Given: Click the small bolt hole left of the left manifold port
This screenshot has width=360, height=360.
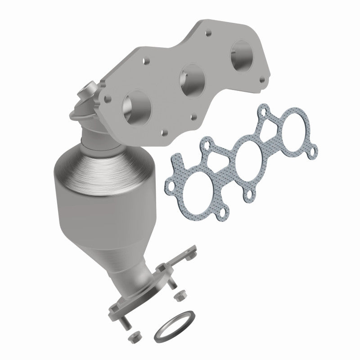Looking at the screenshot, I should [x=108, y=97].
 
